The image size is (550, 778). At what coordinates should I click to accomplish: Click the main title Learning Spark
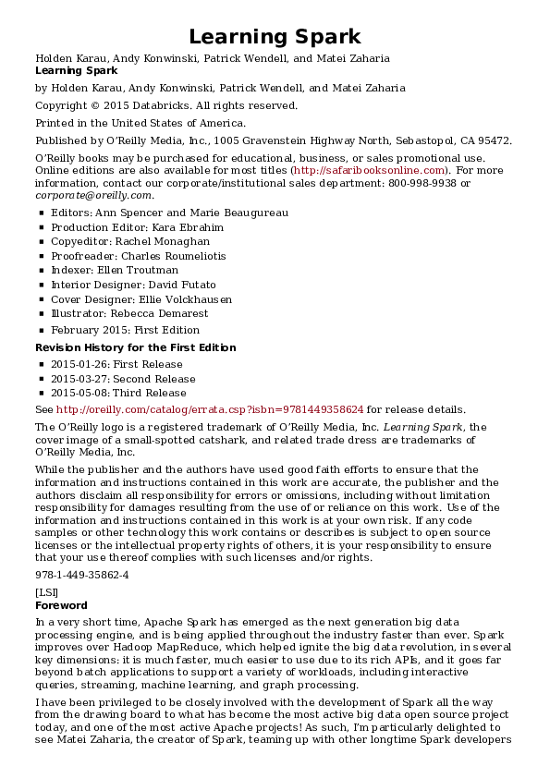coord(275,37)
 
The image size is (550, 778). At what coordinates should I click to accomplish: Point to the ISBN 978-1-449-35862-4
coord(81,575)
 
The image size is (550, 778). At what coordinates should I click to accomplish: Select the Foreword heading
coord(61,605)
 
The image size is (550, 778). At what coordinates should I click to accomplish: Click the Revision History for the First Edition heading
coord(135,347)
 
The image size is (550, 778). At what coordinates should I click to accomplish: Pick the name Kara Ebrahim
coord(193,226)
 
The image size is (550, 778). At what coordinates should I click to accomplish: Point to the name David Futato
coord(186,285)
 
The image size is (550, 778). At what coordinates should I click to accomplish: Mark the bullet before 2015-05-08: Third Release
coord(42,393)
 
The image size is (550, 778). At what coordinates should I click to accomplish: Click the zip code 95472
coord(491,140)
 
